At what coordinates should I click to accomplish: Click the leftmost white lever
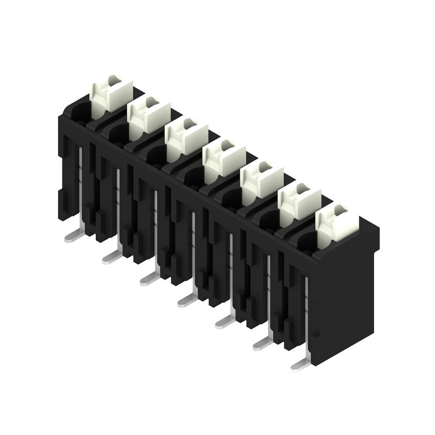tap(111, 95)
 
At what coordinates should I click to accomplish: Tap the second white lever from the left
tap(148, 116)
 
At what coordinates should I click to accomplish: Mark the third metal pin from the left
tap(149, 278)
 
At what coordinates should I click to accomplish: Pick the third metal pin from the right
tap(225, 321)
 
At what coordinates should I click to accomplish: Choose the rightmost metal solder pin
tap(300, 364)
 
